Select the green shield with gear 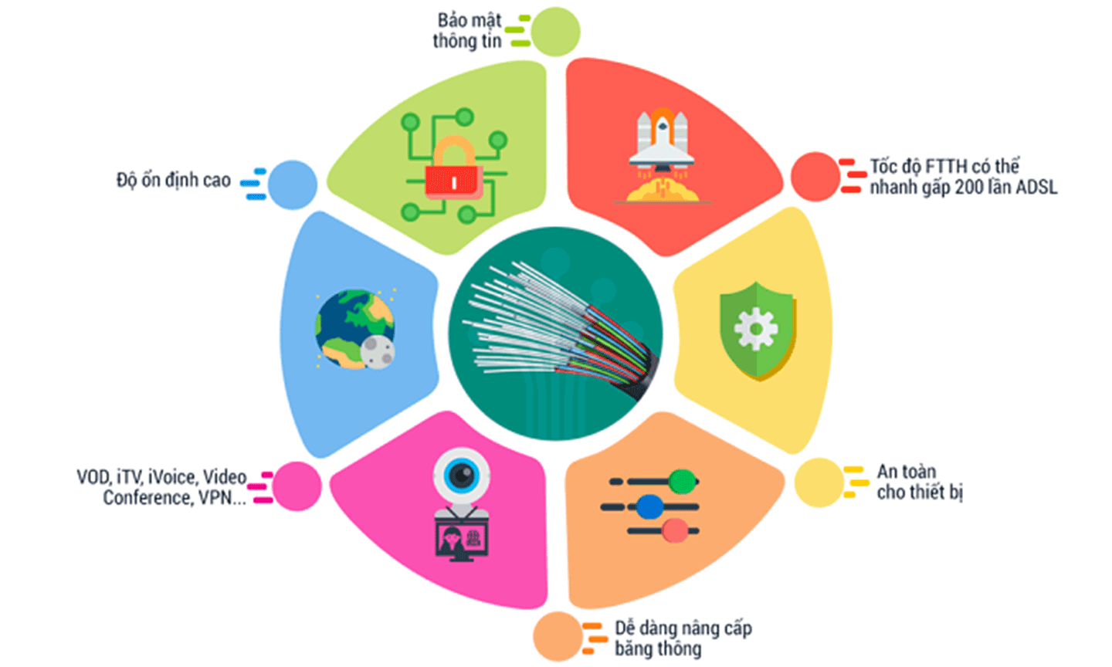pos(757,330)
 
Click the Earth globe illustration pos(354,329)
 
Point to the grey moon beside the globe pos(378,352)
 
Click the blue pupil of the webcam pos(462,475)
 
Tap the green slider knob pos(682,481)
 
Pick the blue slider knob pos(650,506)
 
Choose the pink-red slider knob pos(675,530)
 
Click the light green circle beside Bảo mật pos(555,32)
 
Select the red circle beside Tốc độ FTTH pos(815,177)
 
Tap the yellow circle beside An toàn pos(819,482)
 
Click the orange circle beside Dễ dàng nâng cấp pos(558,636)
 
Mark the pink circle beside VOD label pos(297,486)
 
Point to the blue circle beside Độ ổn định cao pos(293,185)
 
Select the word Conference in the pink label pos(148,497)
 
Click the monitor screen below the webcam pos(462,540)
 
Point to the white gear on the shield pos(756,329)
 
